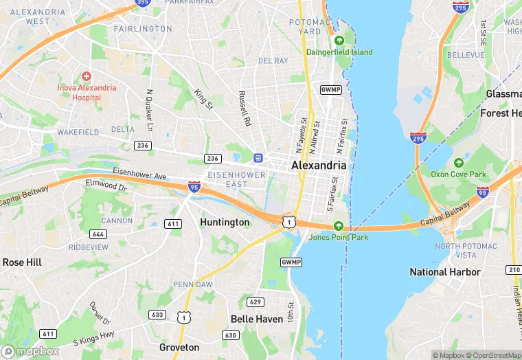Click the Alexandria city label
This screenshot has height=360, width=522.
319,166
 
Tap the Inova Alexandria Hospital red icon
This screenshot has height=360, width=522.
86,76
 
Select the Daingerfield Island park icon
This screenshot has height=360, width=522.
339,41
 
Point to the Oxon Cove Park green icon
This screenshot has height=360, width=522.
459,163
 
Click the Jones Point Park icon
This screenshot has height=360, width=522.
338,226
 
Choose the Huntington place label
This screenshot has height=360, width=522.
225,222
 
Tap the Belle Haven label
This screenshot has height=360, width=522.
257,319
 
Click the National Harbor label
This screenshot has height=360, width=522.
445,272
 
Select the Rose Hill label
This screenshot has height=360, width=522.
22,262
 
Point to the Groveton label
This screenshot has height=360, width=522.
179,348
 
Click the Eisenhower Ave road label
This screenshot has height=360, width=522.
139,175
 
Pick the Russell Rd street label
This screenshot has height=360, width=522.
243,109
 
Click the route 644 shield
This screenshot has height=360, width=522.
98,234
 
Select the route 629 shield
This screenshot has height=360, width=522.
256,302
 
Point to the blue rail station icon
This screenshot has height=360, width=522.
258,157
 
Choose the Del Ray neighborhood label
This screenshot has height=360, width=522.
273,60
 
